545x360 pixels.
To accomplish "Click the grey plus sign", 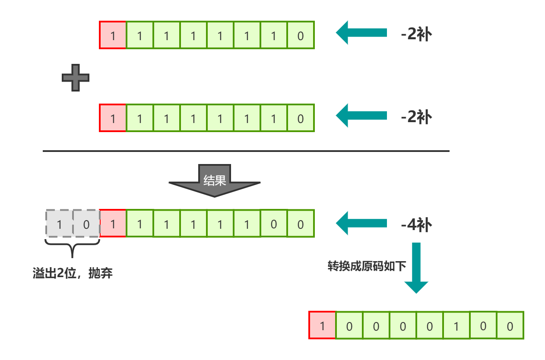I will (x=76, y=78).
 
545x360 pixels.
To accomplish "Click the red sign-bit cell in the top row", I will (x=113, y=35).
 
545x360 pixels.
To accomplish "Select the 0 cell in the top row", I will (x=301, y=35).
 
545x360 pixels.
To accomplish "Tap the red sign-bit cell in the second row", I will (x=113, y=118).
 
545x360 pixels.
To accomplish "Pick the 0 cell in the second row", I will (x=301, y=118).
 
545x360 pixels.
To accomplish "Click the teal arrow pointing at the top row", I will (x=361, y=33).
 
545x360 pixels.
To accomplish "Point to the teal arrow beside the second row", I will (x=361, y=116).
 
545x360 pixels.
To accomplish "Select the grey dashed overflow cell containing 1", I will (x=60, y=224).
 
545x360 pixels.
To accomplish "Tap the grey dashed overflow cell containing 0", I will (x=86, y=224).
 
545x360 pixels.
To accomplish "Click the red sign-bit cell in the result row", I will (x=113, y=224).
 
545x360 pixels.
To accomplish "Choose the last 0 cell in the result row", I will (x=301, y=224).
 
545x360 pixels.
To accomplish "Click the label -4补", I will (x=416, y=225).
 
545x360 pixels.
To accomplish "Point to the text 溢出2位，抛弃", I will (x=73, y=273).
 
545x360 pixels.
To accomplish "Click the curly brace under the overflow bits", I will (x=73, y=247).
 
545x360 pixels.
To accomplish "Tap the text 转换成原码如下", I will (x=367, y=266).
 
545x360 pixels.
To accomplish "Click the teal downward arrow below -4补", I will (x=416, y=268).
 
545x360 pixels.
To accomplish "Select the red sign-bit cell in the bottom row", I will (x=322, y=325).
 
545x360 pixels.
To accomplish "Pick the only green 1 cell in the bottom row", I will (x=456, y=325).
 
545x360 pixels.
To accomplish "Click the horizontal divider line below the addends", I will (x=246, y=151).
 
